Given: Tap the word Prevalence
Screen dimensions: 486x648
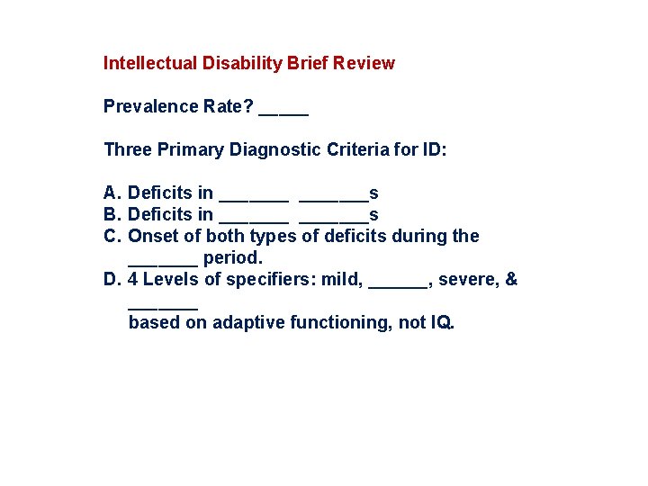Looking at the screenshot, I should (147, 106).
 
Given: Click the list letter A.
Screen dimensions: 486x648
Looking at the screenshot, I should (112, 193).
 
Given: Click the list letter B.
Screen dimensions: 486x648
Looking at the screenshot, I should (112, 214).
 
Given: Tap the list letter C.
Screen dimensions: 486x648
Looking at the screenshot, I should (112, 236).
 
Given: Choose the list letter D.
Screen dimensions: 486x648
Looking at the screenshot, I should (112, 279).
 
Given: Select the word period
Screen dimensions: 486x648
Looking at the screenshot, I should (232, 257).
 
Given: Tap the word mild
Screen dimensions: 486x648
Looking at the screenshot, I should (343, 279).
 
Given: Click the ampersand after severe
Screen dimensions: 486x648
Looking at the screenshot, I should (511, 279).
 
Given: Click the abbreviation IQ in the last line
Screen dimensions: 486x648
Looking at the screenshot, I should (441, 322).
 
